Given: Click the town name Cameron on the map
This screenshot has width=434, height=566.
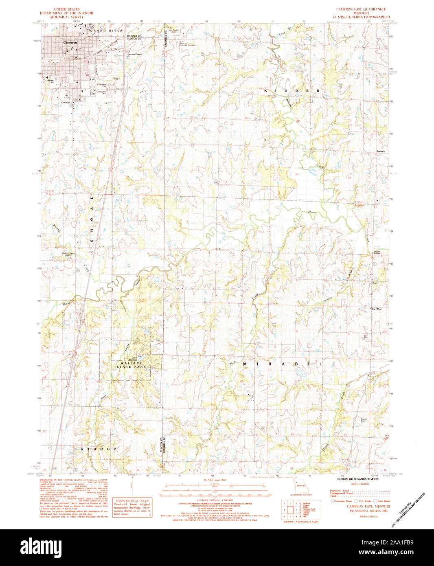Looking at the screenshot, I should tap(70, 42).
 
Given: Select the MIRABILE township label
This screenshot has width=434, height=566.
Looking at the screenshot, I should tap(289, 363).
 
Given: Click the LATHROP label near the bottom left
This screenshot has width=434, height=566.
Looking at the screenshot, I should tap(95, 449).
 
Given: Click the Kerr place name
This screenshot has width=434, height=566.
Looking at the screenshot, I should tap(375, 283).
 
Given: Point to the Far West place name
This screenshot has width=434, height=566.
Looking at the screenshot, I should tap(376, 309).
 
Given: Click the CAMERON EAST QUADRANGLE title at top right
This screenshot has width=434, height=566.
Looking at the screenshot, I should tap(361, 9).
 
